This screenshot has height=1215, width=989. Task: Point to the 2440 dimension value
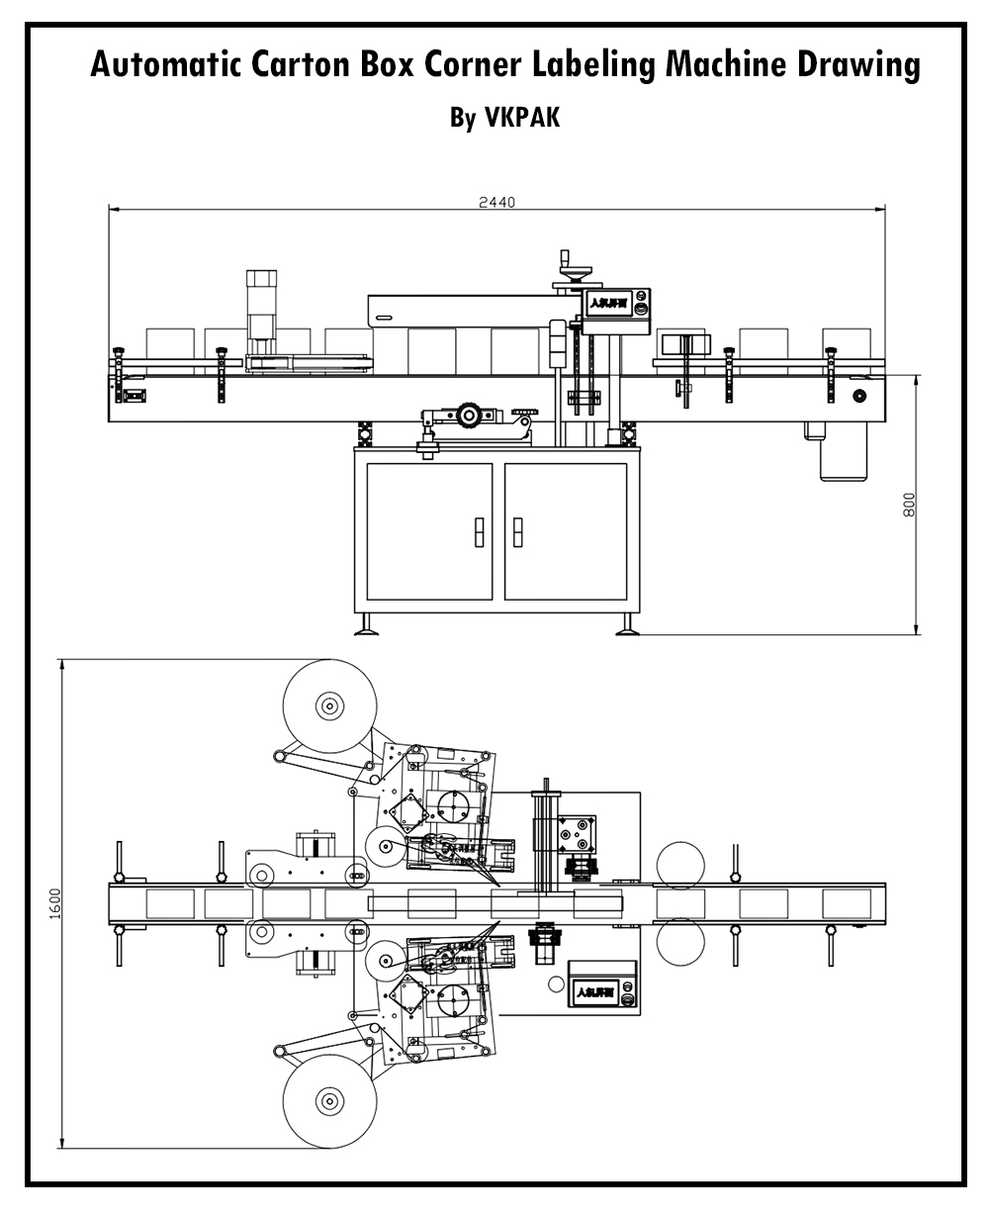496,202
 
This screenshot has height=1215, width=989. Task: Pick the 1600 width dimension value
55,903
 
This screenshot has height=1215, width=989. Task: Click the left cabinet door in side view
428,530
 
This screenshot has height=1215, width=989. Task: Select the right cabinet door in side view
565,530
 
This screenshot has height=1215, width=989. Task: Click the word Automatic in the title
157,65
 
